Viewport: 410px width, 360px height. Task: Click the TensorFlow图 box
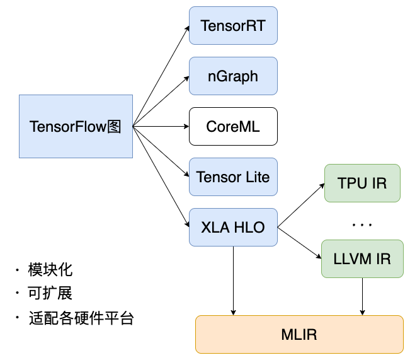click(76, 126)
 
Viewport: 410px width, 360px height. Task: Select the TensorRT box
click(233, 26)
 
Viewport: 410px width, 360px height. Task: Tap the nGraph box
click(233, 76)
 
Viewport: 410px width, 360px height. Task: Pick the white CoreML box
click(233, 127)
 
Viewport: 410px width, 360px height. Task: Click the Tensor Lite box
click(233, 177)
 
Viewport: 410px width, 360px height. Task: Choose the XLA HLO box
click(233, 227)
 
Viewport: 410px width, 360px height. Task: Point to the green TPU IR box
click(362, 183)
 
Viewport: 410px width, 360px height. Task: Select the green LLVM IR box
click(362, 258)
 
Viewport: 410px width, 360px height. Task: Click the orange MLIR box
click(299, 334)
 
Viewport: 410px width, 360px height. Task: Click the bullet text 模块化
click(50, 270)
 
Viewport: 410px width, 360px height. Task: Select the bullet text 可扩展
click(50, 294)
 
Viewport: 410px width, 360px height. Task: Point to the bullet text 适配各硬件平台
click(81, 317)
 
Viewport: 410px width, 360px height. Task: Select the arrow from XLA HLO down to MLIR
click(233, 281)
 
